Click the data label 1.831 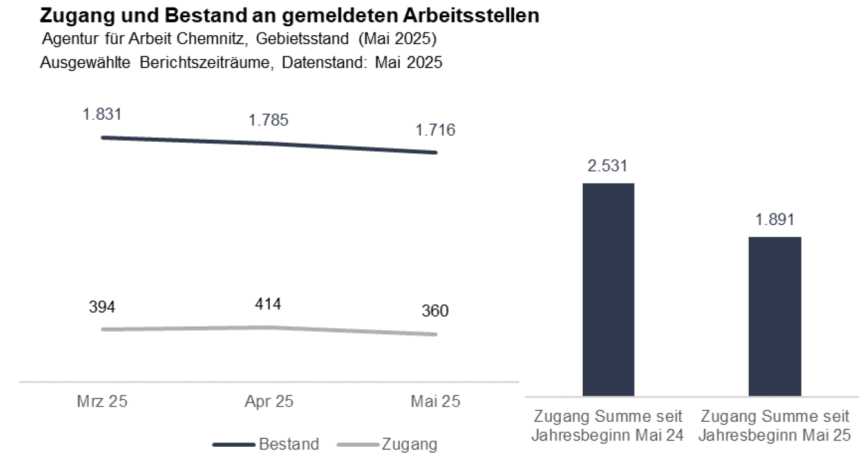pos(103,114)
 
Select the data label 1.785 pos(268,120)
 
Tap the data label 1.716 pos(435,129)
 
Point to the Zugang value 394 pos(103,307)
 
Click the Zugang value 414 pos(268,304)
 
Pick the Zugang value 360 pos(435,311)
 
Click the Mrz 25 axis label pos(102,402)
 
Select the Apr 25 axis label pos(268,402)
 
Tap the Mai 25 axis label pos(435,402)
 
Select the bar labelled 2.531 pos(608,289)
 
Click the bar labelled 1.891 pos(775,316)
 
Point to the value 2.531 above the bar pos(608,166)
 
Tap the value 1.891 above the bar pos(775,220)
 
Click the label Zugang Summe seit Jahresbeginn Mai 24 pos(608,426)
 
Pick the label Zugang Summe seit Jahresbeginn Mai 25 pos(775,426)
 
